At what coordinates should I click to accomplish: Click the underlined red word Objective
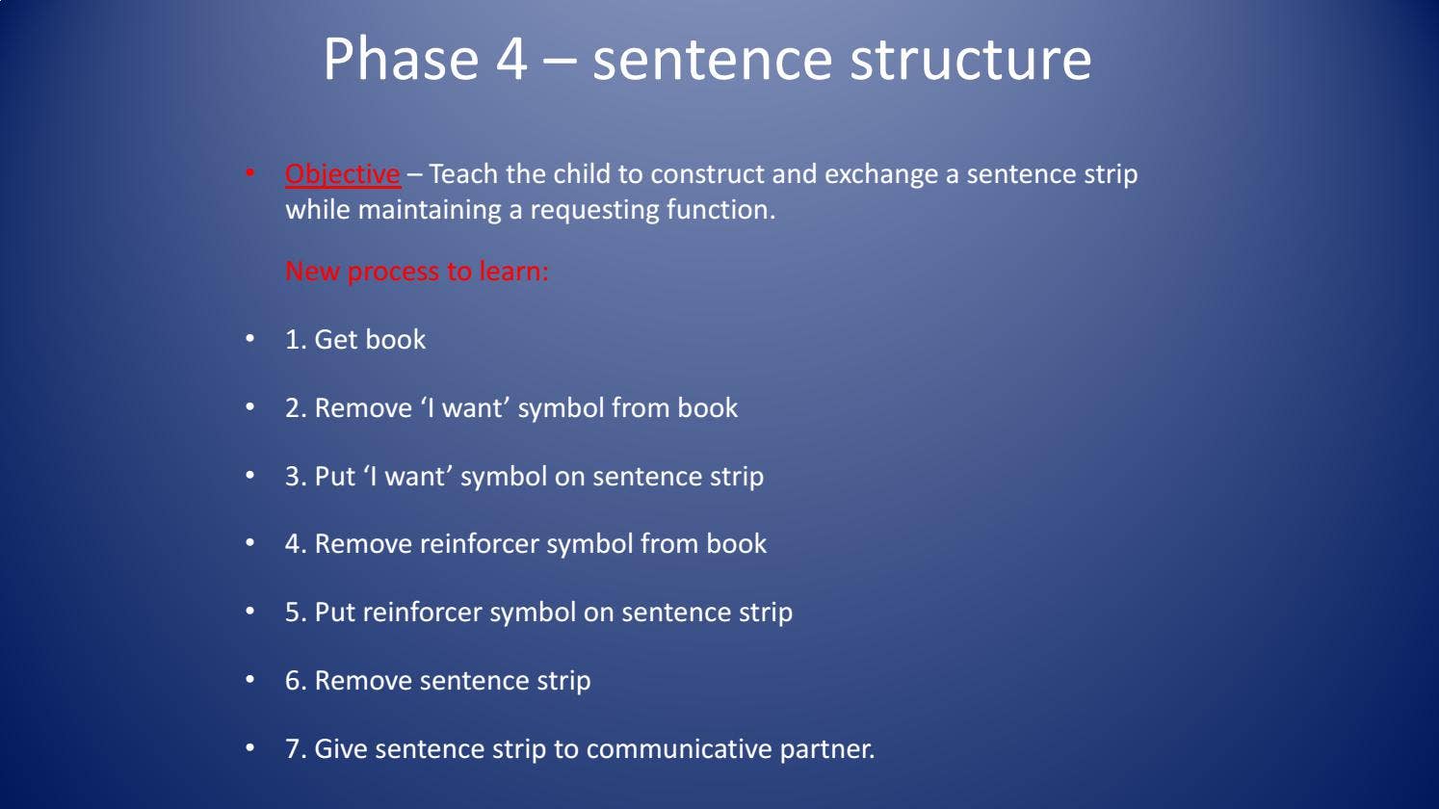click(x=342, y=174)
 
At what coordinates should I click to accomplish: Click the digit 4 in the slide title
click(x=511, y=60)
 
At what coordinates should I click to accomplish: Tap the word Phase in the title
click(x=401, y=59)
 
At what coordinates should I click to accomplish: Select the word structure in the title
click(x=970, y=60)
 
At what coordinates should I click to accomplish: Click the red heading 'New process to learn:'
click(x=417, y=272)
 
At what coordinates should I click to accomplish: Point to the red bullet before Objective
click(x=249, y=172)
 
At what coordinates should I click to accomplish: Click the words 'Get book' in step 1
click(x=370, y=339)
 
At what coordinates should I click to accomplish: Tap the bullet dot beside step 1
click(x=249, y=339)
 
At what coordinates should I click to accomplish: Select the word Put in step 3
click(x=334, y=476)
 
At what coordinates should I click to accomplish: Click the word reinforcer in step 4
click(x=480, y=543)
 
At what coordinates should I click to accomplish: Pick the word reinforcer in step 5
click(x=422, y=612)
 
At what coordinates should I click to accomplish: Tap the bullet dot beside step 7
click(x=249, y=748)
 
